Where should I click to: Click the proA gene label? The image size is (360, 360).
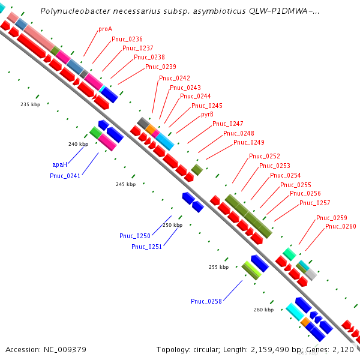coord(105,29)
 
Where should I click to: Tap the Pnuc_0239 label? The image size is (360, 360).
coord(160,67)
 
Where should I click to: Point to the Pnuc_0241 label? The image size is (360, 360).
coord(65,176)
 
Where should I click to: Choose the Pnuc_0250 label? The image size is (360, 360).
coord(135,236)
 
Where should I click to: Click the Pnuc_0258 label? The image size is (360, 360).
coord(206,301)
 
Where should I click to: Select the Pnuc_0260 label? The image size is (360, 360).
coord(341,226)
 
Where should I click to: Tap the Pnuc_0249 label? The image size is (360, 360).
coord(248,142)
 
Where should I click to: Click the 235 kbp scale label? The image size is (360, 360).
coord(30,104)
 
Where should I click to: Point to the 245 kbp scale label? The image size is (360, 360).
coord(125,184)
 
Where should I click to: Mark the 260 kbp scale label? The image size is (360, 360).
coord(263,310)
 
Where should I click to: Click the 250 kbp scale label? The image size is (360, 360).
coord(172,225)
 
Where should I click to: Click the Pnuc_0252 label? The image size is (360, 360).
coord(265,156)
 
